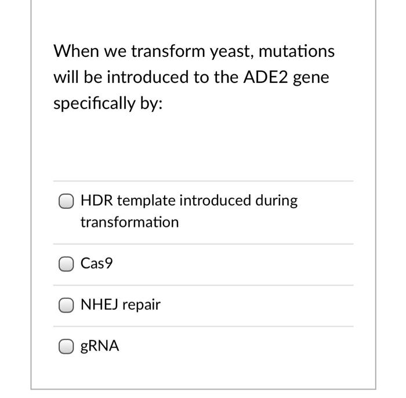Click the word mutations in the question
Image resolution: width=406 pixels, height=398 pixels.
point(296,52)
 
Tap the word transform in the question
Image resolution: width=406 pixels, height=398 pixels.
point(168,52)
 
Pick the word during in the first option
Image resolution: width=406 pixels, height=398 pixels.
point(278,201)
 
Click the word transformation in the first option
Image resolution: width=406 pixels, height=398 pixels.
point(129,222)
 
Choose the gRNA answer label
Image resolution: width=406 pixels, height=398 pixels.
point(99,346)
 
